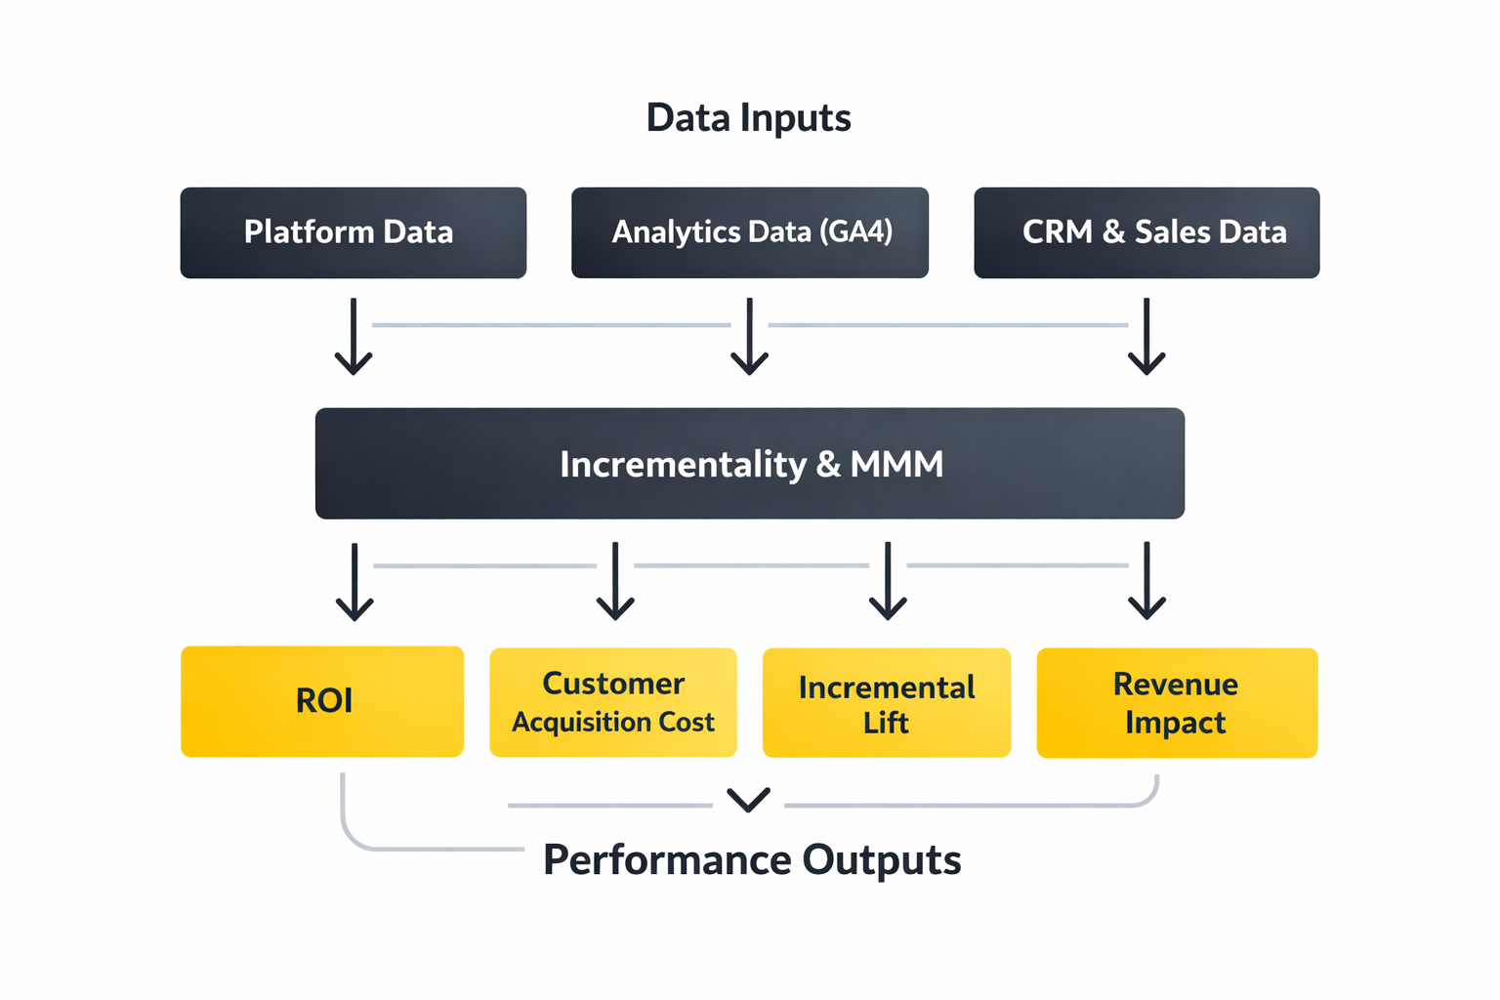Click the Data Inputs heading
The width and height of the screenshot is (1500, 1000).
(x=748, y=118)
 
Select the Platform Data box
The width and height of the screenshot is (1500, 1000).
(x=353, y=232)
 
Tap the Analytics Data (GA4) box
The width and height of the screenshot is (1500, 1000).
(x=749, y=232)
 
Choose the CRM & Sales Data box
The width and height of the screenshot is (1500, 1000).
(x=1146, y=232)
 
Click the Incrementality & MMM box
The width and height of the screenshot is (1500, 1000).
(x=749, y=463)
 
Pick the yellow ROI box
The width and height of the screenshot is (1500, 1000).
(x=321, y=701)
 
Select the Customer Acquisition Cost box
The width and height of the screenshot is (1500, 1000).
(x=612, y=702)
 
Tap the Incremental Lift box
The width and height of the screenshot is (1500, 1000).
(x=886, y=703)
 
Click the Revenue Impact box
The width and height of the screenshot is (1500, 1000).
(x=1177, y=703)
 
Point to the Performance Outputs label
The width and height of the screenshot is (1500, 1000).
(x=751, y=860)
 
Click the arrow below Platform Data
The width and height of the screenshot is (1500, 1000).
(x=354, y=337)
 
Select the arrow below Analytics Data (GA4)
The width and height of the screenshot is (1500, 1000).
(x=749, y=337)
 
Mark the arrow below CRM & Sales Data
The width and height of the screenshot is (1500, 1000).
(x=1146, y=337)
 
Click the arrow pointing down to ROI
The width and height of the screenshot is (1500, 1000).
(x=354, y=582)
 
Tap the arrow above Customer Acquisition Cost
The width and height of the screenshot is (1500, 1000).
(x=615, y=582)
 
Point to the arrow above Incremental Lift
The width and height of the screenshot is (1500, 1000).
(x=888, y=582)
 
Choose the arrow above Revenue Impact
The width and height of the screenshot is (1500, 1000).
(x=1146, y=582)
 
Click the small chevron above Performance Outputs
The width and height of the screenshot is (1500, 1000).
(x=749, y=800)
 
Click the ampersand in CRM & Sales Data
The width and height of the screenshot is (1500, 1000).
(x=1113, y=232)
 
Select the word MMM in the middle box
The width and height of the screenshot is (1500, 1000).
(x=896, y=464)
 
